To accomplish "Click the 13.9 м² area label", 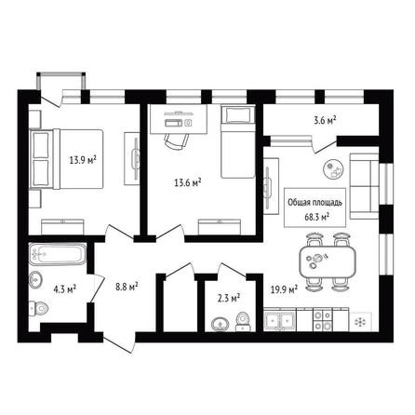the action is coord(83,160).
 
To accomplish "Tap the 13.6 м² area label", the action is coord(188,182).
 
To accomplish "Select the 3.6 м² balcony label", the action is coord(325,120).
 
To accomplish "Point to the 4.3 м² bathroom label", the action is coord(65,289).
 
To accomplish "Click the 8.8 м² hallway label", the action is coord(127,287).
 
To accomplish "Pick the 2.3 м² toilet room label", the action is coord(229,299).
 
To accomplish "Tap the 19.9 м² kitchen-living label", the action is coord(284,289).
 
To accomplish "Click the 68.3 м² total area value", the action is coord(316,217).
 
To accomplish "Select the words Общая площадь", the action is coord(315,203).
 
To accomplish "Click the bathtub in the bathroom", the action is coord(58,254).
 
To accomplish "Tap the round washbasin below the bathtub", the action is coord(35,280).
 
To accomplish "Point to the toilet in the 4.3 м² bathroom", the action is coord(38,308).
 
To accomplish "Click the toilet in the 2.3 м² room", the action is coord(243,322).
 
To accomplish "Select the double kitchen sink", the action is coord(279,320).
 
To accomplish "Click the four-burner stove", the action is coord(323,320).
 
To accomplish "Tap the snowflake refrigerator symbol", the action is coord(360,321).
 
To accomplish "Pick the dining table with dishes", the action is coord(328,262).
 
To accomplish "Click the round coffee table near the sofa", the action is coord(334,169).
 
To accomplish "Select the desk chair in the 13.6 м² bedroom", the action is coord(176,141).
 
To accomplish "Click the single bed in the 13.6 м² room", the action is coord(238,141).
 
